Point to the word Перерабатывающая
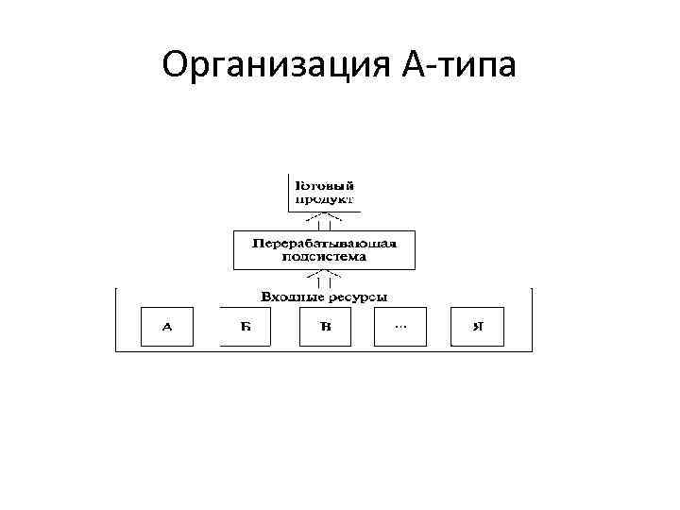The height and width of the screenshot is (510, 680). tap(324, 242)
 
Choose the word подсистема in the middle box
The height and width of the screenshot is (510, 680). tap(324, 256)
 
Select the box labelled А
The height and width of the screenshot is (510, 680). tap(167, 327)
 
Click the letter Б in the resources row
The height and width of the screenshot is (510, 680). tap(246, 328)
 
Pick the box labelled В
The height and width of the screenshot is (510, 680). tap(325, 327)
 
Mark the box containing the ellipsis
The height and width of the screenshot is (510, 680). tap(400, 327)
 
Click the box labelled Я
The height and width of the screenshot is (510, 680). tap(478, 327)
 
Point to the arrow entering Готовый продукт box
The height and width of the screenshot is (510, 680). tap(324, 221)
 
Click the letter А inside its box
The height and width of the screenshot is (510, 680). tap(167, 328)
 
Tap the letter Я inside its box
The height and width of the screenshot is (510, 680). tap(478, 328)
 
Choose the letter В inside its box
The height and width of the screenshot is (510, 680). tap(325, 328)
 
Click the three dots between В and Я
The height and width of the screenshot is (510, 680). tap(400, 327)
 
